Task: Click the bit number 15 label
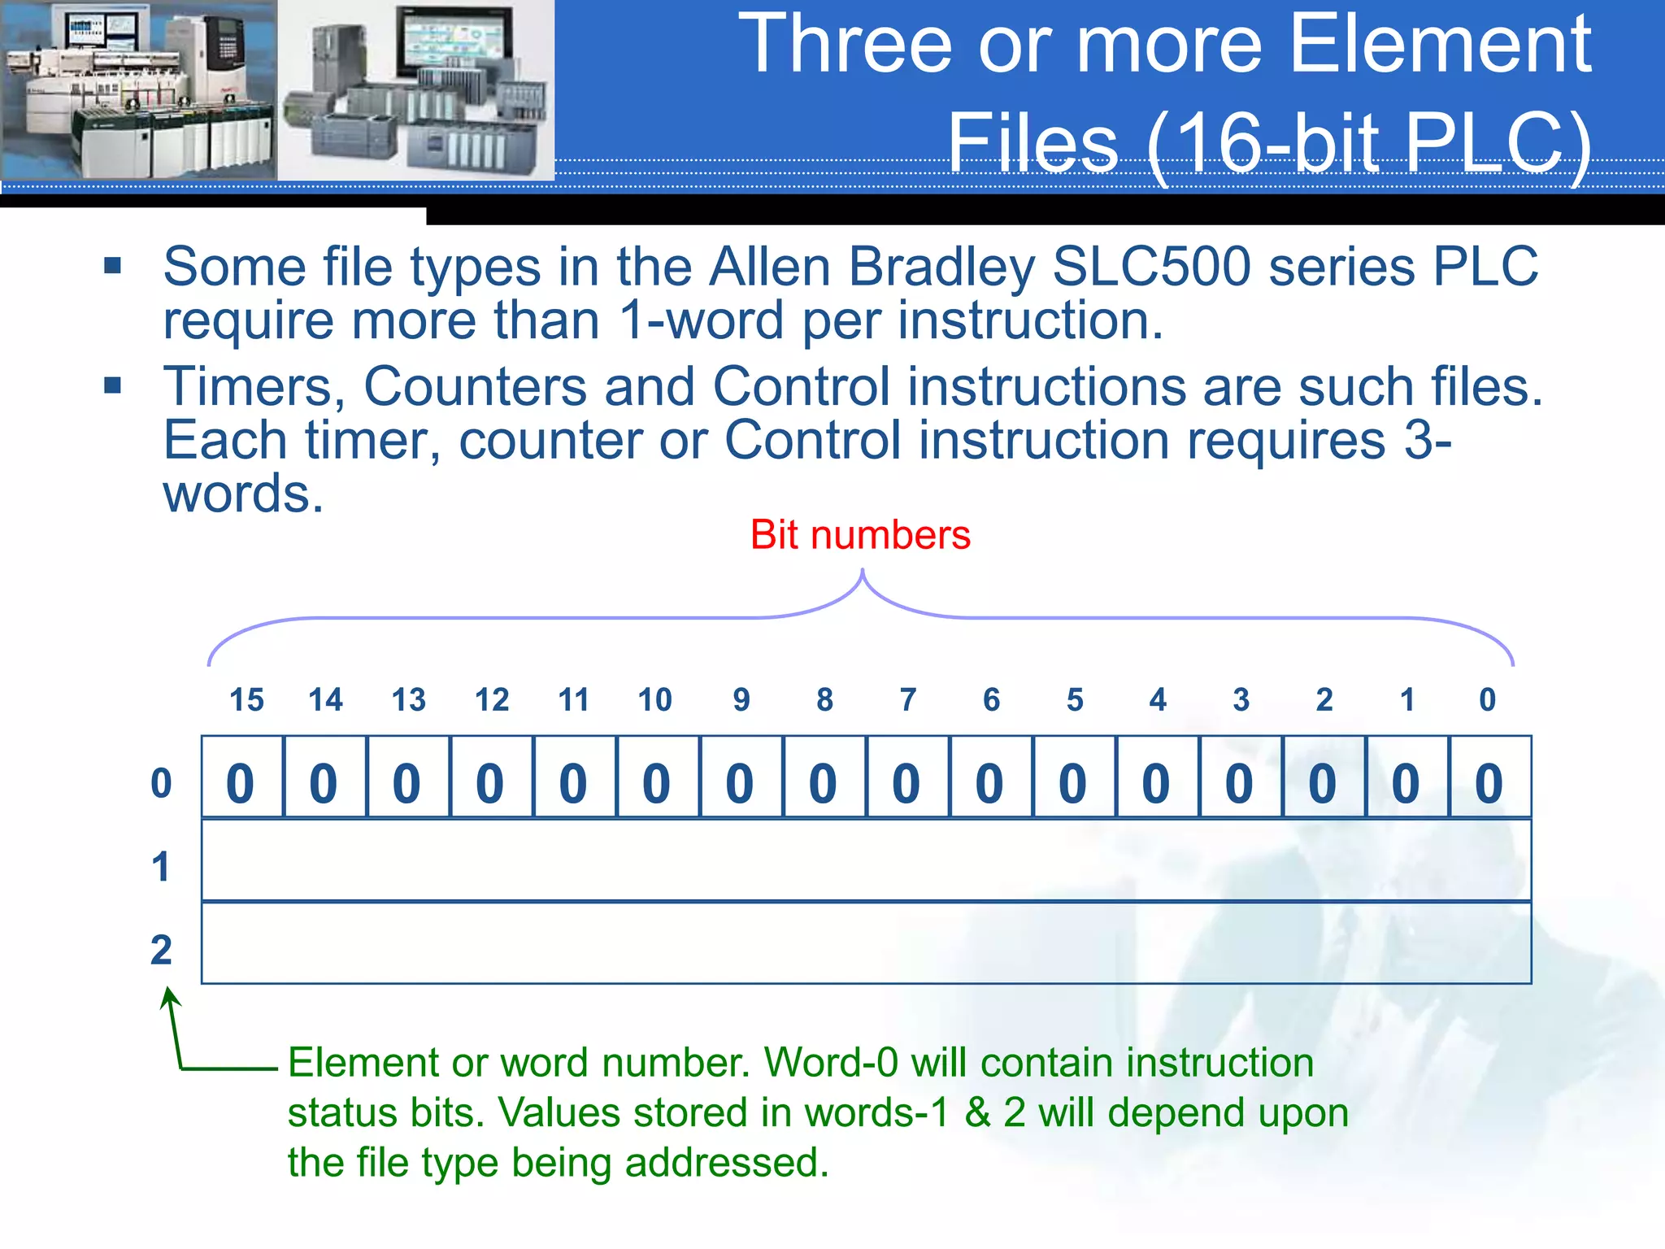pos(246,700)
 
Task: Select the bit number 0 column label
pos(1487,700)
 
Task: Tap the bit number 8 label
pos(824,700)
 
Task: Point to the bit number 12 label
pos(492,700)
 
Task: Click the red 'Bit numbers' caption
pos(860,535)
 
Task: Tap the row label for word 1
pos(161,867)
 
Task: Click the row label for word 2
pos(161,950)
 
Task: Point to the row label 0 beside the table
pos(161,784)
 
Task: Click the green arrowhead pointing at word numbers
pos(169,995)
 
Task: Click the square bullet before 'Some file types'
pos(112,266)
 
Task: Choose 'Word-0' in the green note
pos(831,1063)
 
